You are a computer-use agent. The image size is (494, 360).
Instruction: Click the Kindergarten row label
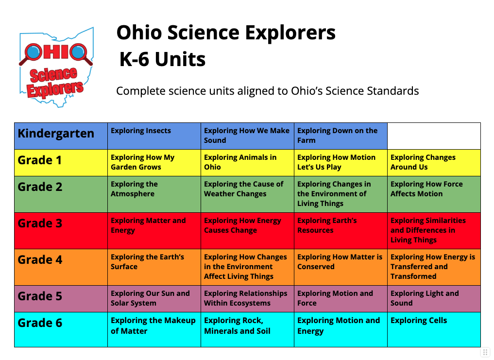point(56,133)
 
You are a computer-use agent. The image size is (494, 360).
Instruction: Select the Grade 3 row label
point(40,223)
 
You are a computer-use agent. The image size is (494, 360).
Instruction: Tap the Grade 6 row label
point(40,323)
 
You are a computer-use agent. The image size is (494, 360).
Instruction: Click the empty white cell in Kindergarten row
point(434,136)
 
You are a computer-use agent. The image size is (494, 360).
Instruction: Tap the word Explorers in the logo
point(55,89)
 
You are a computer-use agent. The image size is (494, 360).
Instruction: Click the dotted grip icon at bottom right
point(485,352)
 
